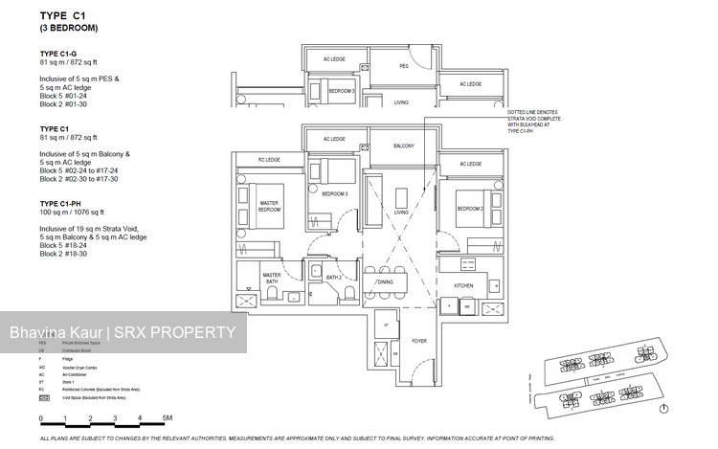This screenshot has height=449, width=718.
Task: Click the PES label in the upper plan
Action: click(404, 66)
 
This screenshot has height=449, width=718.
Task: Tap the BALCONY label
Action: click(404, 146)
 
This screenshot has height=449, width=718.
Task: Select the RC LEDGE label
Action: click(268, 159)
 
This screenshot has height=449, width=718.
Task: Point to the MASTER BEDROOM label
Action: click(269, 205)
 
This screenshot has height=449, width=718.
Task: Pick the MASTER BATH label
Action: click(272, 278)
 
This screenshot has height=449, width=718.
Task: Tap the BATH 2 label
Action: click(333, 277)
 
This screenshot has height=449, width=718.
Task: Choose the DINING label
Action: click(384, 282)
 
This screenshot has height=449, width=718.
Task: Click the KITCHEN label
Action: click(463, 285)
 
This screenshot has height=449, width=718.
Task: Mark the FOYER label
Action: click(418, 339)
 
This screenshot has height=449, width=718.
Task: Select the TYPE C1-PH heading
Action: click(62, 204)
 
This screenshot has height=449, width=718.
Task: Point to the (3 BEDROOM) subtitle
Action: click(69, 29)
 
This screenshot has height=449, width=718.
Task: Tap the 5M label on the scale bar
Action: click(167, 418)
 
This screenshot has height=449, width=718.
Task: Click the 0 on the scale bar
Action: click(40, 418)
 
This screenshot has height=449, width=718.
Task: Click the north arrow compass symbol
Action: click(663, 409)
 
